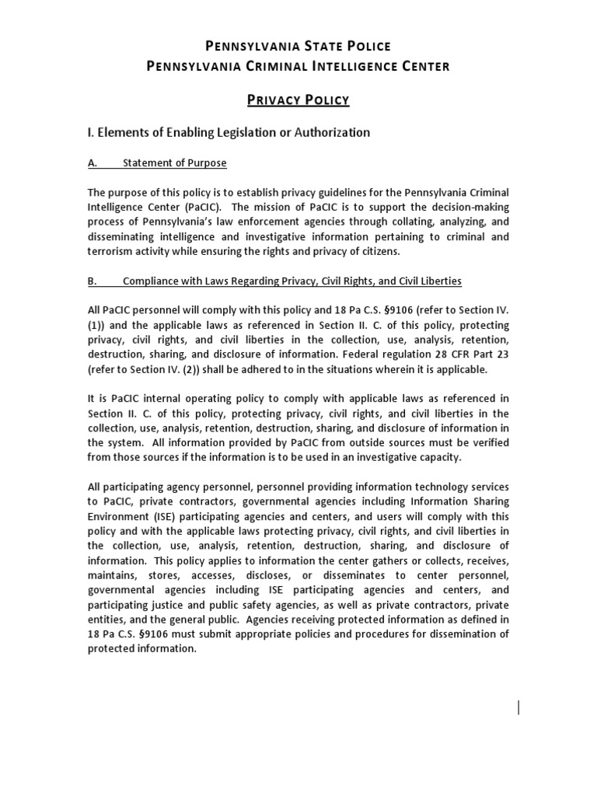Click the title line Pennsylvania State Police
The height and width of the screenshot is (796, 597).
[x=298, y=47]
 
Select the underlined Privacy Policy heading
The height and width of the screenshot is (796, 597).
[x=298, y=99]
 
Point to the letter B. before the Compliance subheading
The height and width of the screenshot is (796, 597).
[x=93, y=281]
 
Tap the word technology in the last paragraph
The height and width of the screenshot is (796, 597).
[x=428, y=487]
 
